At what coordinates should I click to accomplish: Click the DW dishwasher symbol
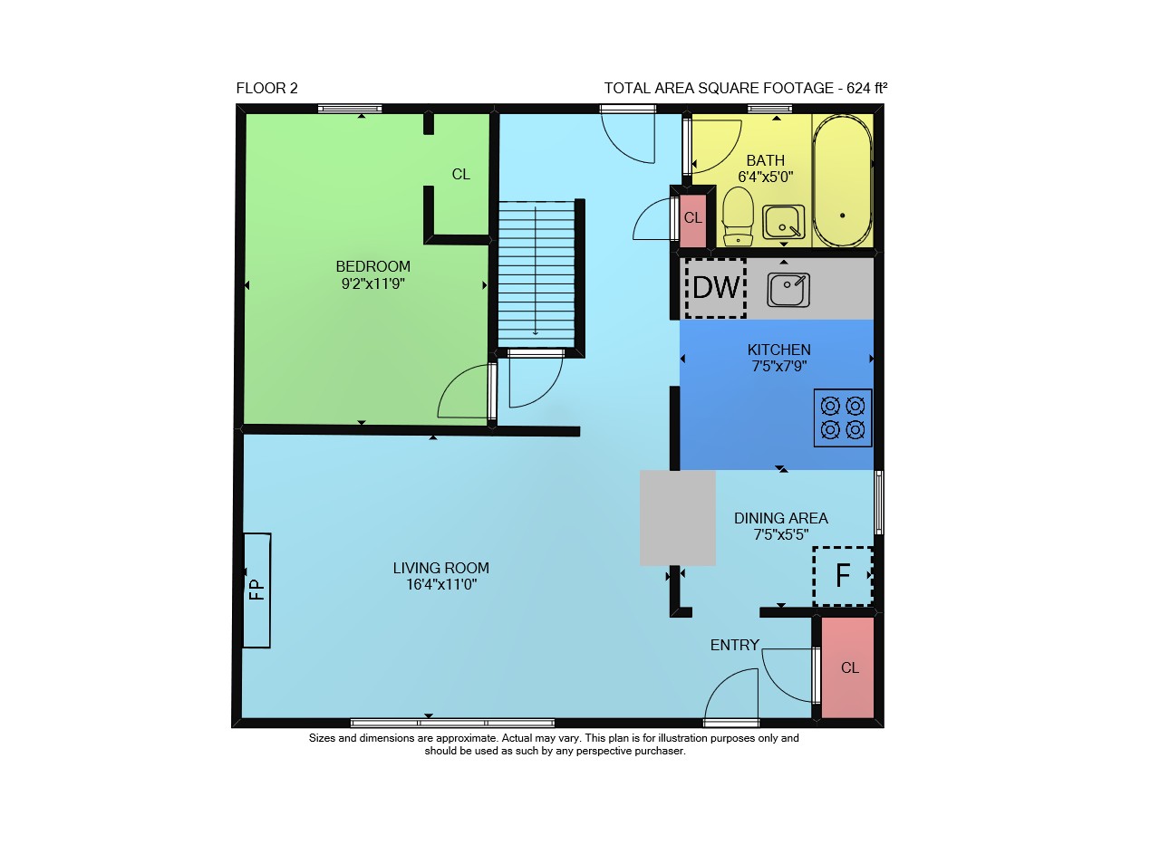[x=716, y=288]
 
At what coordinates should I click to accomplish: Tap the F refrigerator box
[x=843, y=576]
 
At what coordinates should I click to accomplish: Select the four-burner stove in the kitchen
[x=843, y=417]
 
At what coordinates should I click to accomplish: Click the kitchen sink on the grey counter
[x=788, y=290]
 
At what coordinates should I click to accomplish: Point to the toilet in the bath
[x=738, y=216]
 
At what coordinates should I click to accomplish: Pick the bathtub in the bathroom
[x=843, y=180]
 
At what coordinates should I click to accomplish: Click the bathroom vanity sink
[x=784, y=222]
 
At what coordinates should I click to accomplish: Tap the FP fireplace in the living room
[x=256, y=590]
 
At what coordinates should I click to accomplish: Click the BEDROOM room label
[x=372, y=266]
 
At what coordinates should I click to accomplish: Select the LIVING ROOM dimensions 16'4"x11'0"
[x=441, y=584]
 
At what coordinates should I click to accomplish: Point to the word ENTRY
[x=735, y=645]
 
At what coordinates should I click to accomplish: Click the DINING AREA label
[x=781, y=518]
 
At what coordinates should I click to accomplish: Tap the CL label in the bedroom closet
[x=461, y=175]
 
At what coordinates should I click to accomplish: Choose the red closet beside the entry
[x=847, y=667]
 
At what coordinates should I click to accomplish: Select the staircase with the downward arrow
[x=536, y=274]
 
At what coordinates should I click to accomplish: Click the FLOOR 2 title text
[x=267, y=89]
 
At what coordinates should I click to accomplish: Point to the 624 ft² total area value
[x=867, y=89]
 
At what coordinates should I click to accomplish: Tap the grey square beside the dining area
[x=678, y=518]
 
